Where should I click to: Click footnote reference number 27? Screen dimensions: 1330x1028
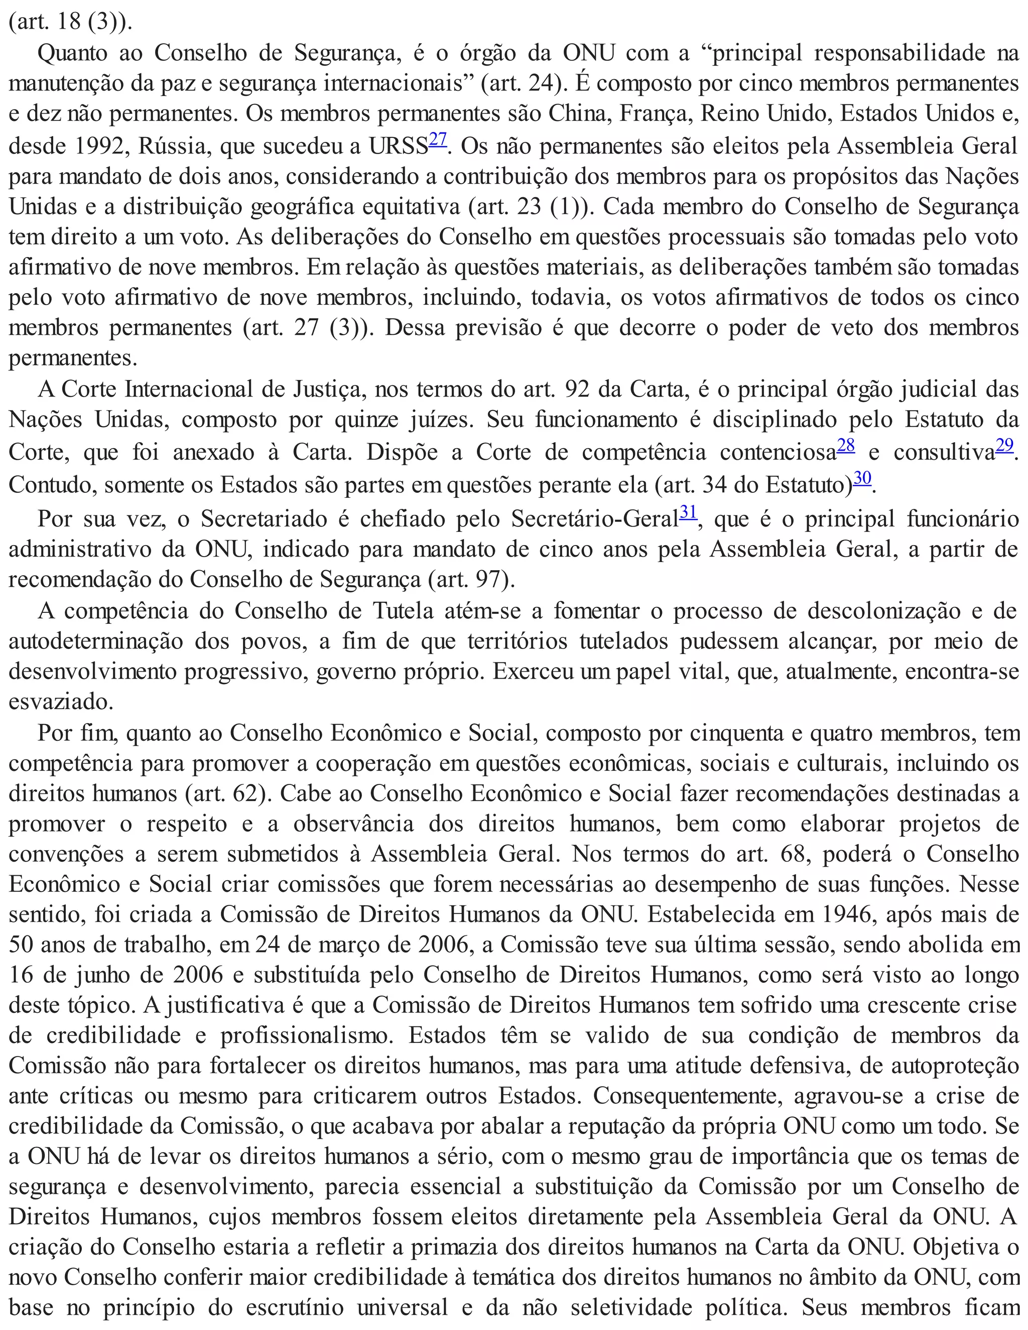click(437, 140)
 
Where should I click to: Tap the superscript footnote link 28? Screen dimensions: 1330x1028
click(845, 446)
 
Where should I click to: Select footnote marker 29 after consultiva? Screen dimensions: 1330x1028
click(1004, 446)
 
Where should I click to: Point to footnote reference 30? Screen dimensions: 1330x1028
click(862, 478)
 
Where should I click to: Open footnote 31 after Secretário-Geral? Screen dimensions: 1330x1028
click(688, 511)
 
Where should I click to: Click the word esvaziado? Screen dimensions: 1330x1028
click(60, 702)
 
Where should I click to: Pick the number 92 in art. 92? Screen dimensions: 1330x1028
click(577, 390)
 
